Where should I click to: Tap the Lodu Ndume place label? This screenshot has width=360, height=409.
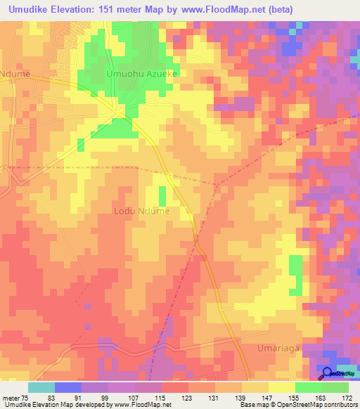pos(142,210)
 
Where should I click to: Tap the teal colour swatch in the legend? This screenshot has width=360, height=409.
pos(41,387)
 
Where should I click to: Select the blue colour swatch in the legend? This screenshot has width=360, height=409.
pos(68,387)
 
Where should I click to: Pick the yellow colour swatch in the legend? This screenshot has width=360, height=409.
pos(255,387)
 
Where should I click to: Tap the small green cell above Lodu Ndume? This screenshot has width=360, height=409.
pos(162,196)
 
